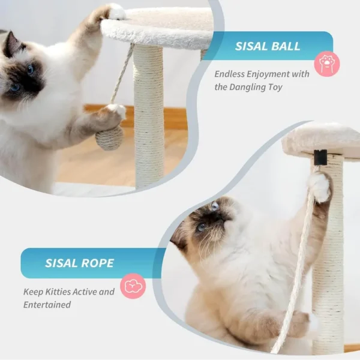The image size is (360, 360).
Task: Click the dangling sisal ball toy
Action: (109, 138)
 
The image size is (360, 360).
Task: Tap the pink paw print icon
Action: (327, 64)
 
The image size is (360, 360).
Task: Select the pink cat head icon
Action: (133, 286)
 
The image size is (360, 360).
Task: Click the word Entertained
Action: (47, 305)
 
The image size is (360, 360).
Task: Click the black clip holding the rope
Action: (320, 158)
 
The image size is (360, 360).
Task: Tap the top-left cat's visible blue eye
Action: (29, 70)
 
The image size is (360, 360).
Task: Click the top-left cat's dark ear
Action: (10, 46)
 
